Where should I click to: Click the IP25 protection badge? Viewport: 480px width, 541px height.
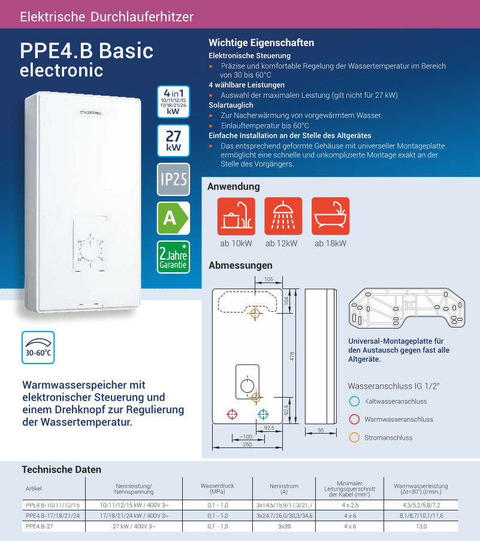(x=173, y=179)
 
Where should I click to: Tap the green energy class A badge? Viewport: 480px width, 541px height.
(x=173, y=218)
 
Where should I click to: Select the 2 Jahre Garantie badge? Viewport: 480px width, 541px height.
(x=173, y=257)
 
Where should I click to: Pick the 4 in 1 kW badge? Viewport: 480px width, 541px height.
(x=173, y=101)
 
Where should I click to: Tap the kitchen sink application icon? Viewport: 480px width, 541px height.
(x=236, y=217)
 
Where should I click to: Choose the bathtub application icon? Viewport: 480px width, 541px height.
(x=330, y=217)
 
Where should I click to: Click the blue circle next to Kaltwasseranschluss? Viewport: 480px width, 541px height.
(x=354, y=401)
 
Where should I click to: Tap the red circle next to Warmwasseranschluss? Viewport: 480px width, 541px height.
(x=354, y=419)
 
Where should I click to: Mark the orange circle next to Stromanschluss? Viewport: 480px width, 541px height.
(x=354, y=437)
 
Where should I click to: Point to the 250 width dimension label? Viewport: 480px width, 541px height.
(x=247, y=444)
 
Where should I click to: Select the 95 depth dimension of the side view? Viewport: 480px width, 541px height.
(x=321, y=431)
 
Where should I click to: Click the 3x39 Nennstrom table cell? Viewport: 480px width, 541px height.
(x=285, y=526)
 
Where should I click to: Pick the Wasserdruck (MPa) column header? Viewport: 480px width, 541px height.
(x=216, y=488)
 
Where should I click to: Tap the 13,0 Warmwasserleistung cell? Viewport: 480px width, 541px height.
(x=421, y=526)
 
